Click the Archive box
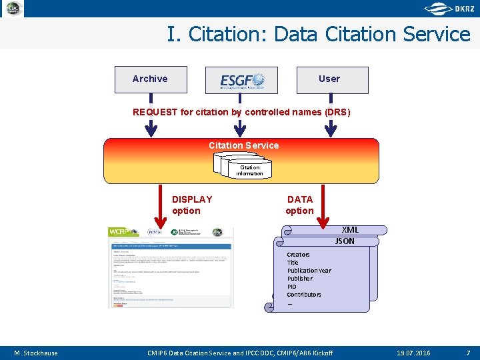pos(151,79)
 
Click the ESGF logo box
pos(241,80)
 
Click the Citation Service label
pos(243,145)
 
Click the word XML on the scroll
pos(350,230)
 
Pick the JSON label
pos(345,241)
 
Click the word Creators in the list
pos(298,255)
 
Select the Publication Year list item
pos(309,271)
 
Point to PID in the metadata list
pos(292,287)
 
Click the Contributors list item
pos(304,295)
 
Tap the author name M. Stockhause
pos(36,353)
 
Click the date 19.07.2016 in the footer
pos(413,353)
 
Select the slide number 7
pos(468,353)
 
